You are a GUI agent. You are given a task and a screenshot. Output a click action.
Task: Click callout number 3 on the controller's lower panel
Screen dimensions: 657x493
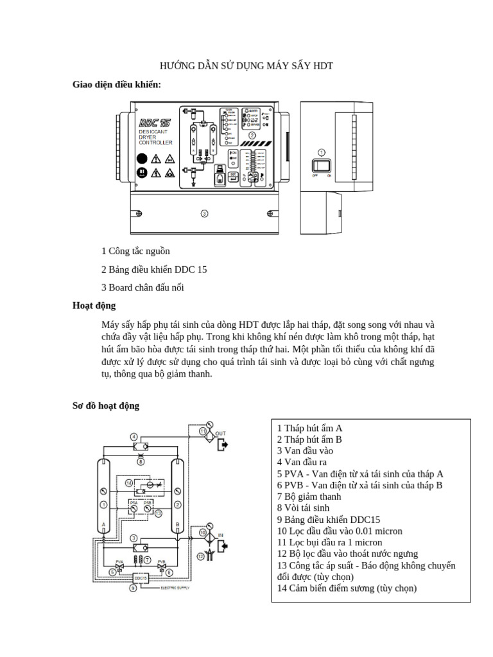pyautogui.click(x=203, y=213)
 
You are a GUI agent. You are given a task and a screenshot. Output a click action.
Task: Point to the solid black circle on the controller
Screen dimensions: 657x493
pyautogui.click(x=142, y=158)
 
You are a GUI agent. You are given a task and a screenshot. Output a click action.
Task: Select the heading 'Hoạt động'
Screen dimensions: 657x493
pyautogui.click(x=94, y=305)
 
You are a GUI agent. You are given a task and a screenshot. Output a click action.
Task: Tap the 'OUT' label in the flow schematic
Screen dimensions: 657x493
pyautogui.click(x=220, y=434)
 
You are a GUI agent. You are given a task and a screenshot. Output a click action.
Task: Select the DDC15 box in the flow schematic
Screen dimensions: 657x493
pyautogui.click(x=141, y=577)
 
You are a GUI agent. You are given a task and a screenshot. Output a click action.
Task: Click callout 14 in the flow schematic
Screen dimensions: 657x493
pyautogui.click(x=129, y=482)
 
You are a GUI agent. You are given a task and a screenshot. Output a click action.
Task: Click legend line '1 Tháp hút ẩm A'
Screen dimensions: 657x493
pyautogui.click(x=310, y=427)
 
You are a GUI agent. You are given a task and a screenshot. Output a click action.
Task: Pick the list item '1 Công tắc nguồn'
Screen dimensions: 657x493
pyautogui.click(x=135, y=251)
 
